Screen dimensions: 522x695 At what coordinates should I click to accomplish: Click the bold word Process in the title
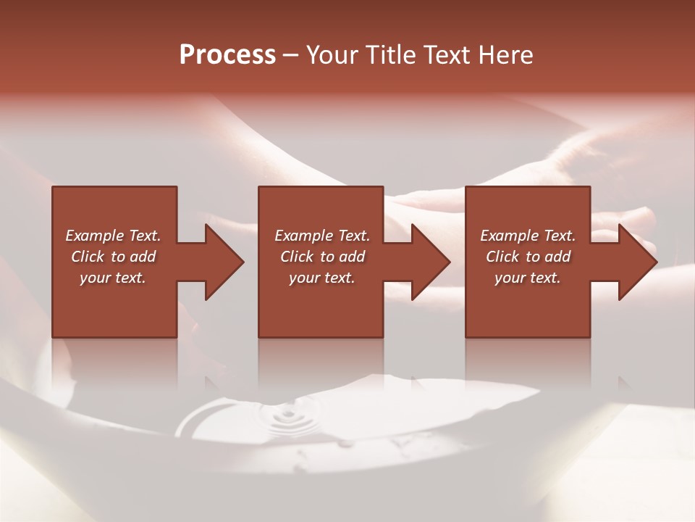pos(227,55)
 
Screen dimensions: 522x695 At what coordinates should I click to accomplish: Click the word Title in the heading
pos(388,55)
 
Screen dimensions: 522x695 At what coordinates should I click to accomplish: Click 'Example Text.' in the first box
pos(113,236)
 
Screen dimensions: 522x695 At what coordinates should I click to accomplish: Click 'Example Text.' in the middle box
pos(322,236)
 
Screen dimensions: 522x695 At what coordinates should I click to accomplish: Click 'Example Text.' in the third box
pos(528,236)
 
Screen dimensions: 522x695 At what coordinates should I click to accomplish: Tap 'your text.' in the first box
pos(113,278)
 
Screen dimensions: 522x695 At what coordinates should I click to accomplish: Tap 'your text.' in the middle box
pos(322,278)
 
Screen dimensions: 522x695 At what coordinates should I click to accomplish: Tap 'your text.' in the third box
pos(528,278)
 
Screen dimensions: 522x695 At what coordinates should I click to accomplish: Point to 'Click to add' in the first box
pos(113,257)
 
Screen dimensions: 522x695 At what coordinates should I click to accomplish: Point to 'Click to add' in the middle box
pos(322,257)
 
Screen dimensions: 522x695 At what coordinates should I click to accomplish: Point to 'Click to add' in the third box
pos(528,257)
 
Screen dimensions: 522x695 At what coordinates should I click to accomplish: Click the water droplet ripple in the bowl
pos(284,418)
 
